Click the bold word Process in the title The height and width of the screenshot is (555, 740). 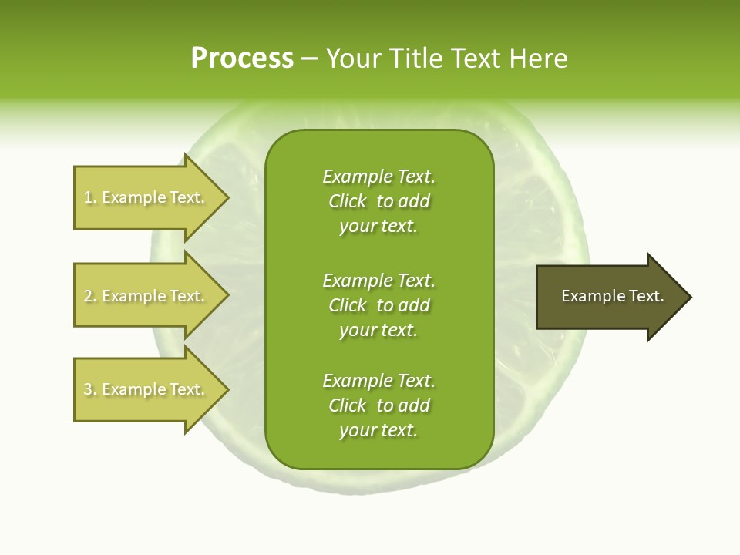[242, 59]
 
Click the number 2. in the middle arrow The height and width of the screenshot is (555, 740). [90, 296]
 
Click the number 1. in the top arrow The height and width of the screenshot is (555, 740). [90, 197]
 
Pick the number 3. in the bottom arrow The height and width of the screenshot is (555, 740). [90, 389]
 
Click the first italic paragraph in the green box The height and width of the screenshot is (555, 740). [378, 201]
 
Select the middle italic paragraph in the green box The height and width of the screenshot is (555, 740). [378, 305]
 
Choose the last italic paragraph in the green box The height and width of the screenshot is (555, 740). [378, 405]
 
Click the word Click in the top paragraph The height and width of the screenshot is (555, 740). [348, 201]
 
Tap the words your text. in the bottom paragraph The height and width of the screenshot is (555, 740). [378, 430]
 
